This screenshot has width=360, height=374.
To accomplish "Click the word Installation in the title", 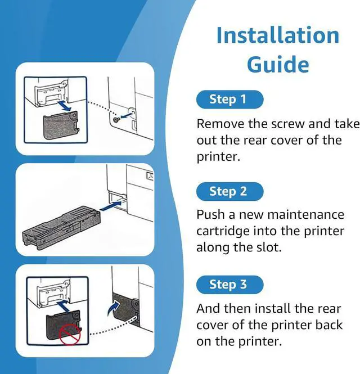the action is click(278, 35).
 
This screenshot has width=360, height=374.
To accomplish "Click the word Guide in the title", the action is click(278, 65).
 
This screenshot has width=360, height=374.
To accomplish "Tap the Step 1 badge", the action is click(229, 99).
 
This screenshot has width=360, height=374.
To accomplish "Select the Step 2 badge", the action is click(229, 191).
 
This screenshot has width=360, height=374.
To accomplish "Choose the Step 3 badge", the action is click(229, 285).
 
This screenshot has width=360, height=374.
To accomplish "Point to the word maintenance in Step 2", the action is click(306, 214).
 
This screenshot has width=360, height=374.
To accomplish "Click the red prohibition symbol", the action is click(70, 334).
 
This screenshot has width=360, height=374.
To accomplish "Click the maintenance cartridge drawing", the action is click(61, 227).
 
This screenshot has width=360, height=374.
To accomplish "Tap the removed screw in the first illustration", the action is click(116, 120).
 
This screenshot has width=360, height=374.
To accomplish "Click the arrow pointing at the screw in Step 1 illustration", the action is click(126, 115).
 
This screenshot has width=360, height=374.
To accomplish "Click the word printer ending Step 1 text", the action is click(218, 157).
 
